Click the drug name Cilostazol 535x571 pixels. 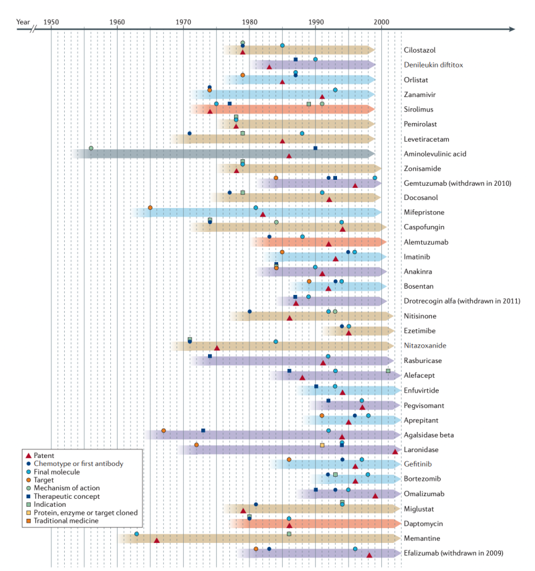[x=419, y=50]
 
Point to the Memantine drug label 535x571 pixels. [x=422, y=538]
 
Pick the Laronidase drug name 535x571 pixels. [x=421, y=450]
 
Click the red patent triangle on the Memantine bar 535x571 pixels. [x=157, y=540]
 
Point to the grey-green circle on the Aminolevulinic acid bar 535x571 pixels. [x=91, y=148]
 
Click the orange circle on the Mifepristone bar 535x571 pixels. [x=150, y=208]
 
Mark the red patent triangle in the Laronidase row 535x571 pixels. [x=395, y=451]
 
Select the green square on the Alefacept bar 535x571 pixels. [x=388, y=371]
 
